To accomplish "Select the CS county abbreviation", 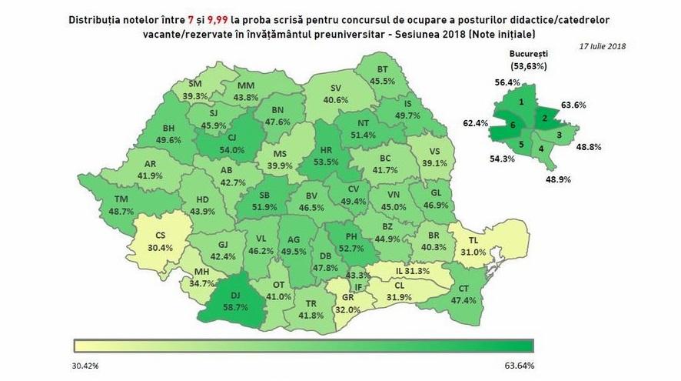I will (x=161, y=236).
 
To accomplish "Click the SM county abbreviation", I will (x=195, y=84).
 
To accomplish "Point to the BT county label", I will (x=382, y=69).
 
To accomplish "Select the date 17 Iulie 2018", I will (x=603, y=46).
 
